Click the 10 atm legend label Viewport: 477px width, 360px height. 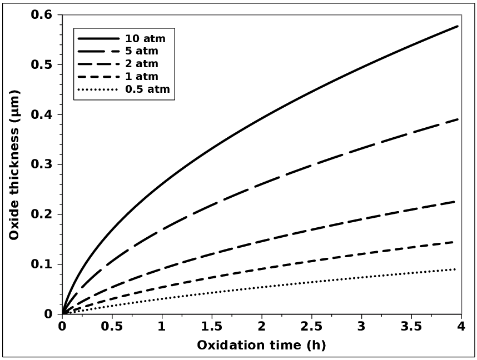tap(146, 39)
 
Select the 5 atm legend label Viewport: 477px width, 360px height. tap(143, 52)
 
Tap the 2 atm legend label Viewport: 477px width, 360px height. tap(143, 64)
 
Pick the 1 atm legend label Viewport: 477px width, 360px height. tap(143, 77)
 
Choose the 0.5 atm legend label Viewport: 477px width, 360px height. tap(147, 89)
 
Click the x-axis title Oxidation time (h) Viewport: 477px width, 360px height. tap(261, 345)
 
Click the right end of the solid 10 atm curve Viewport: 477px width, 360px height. tap(457, 26)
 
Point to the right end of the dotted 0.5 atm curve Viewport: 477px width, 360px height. tap(456, 269)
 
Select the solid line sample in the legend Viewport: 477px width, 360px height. tap(98, 39)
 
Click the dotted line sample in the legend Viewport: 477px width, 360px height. tap(98, 89)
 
